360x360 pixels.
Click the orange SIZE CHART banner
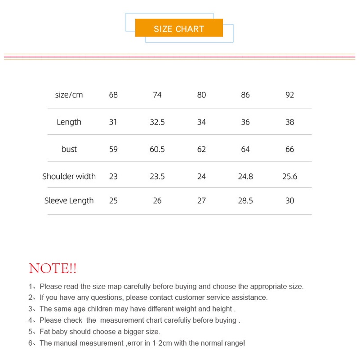179,29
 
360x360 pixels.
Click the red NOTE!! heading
53,269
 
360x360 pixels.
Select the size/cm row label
69,95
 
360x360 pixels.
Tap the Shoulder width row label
69,177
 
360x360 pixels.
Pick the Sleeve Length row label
69,200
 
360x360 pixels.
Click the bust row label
69,149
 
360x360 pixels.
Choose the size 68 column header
113,95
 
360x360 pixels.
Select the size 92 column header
289,95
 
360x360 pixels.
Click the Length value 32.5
157,122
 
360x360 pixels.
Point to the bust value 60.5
157,149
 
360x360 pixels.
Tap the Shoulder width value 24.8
245,177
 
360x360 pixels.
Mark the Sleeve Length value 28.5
245,200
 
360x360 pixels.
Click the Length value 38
289,122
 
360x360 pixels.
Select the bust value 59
113,149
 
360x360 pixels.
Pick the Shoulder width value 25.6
289,177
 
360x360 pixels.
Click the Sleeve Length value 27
201,200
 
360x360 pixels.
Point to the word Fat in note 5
45,332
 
